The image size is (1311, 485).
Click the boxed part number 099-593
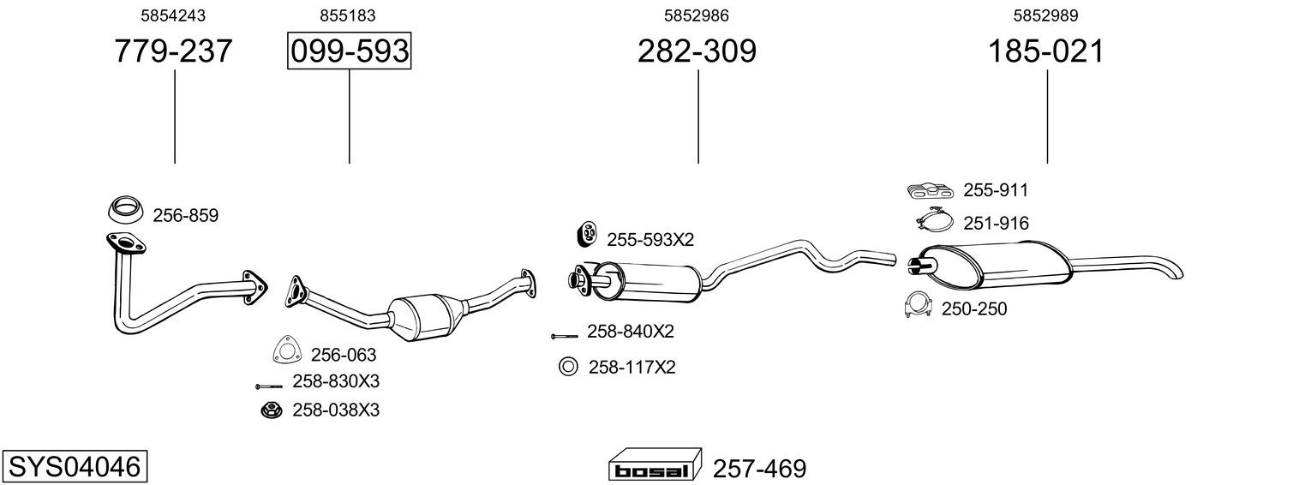tap(349, 51)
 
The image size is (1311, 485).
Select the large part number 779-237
tap(173, 51)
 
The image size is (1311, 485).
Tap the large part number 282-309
tap(697, 51)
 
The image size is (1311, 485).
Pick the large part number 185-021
tap(1046, 51)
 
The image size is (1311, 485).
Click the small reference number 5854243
tap(173, 15)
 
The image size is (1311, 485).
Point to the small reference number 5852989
tap(1046, 15)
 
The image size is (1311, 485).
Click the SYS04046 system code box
tap(75, 467)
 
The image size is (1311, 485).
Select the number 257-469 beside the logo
tap(759, 469)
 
